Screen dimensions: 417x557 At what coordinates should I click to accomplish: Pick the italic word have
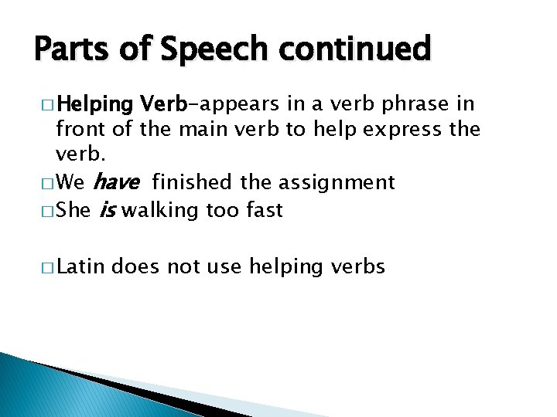118,182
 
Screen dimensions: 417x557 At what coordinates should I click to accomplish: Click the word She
73,209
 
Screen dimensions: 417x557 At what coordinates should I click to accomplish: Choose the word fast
262,209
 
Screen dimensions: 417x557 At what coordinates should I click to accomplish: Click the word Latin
81,267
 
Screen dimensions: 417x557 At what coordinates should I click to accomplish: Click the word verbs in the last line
358,267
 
